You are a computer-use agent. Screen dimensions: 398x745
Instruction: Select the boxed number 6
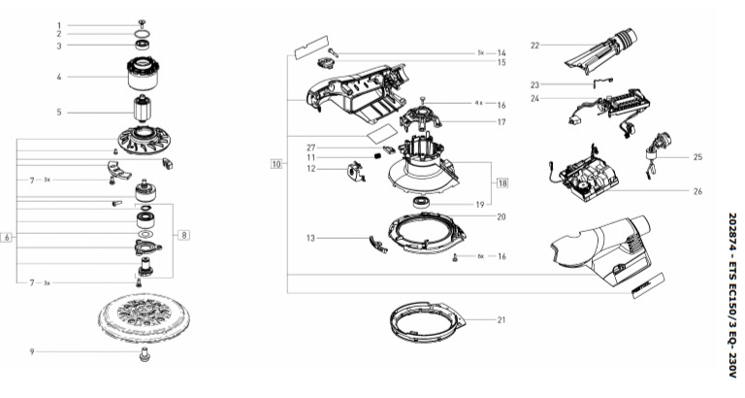(8, 238)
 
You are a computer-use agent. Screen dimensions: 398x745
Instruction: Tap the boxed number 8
(184, 234)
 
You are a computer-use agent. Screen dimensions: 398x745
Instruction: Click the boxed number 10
(276, 165)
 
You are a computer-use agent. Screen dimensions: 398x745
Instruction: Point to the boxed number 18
(502, 182)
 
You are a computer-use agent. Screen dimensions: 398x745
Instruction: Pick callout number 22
(534, 45)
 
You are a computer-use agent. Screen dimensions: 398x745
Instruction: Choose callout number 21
(502, 319)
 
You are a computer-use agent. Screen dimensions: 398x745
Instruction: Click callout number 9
(32, 351)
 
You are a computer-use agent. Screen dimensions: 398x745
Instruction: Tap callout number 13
(313, 237)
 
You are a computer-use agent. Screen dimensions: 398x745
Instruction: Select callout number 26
(697, 191)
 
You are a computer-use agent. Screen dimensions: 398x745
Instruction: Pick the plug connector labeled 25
(662, 156)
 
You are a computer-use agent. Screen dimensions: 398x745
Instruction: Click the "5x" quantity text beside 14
(481, 51)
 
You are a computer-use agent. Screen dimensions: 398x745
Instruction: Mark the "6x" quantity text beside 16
(480, 256)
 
